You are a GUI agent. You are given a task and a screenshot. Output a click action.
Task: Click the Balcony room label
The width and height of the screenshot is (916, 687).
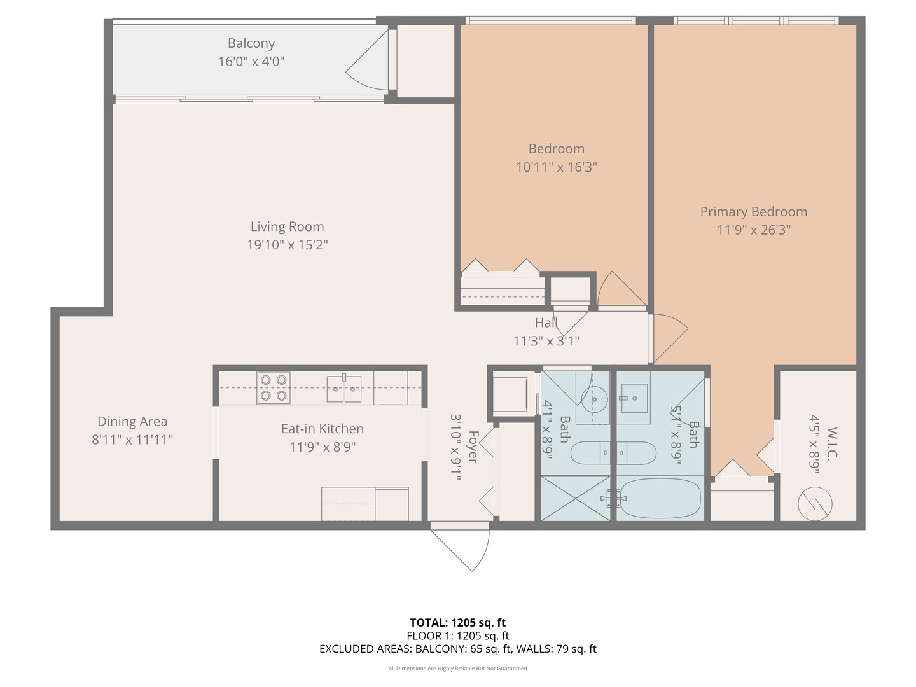click(x=251, y=43)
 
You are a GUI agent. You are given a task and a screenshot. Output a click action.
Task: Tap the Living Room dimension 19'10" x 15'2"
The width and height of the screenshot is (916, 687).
click(x=287, y=244)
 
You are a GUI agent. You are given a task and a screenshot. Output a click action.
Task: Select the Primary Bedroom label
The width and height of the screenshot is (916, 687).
click(x=753, y=212)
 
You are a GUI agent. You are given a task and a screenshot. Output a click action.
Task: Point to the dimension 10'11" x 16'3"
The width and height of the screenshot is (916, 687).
click(x=556, y=167)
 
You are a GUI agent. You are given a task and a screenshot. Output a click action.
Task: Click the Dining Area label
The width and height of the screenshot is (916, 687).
click(x=132, y=421)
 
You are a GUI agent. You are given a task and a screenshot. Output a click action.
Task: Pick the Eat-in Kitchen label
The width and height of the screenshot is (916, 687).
click(x=322, y=429)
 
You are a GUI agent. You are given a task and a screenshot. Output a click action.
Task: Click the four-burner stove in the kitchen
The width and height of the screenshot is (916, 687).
click(x=274, y=387)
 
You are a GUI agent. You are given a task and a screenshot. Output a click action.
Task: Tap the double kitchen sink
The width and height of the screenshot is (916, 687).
click(x=344, y=389)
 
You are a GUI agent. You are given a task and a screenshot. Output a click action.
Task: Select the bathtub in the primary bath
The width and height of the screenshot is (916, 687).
click(x=661, y=498)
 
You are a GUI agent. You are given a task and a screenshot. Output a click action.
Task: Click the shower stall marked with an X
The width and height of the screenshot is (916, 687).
click(x=576, y=499)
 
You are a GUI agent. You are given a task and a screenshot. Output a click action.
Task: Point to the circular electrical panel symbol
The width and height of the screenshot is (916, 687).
click(x=815, y=504)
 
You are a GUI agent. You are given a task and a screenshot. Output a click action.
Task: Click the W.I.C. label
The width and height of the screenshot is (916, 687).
click(x=831, y=443)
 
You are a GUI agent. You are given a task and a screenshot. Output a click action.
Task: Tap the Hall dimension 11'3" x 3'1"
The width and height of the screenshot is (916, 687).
click(x=546, y=341)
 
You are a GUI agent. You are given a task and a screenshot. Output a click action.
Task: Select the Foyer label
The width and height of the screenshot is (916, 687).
click(x=473, y=447)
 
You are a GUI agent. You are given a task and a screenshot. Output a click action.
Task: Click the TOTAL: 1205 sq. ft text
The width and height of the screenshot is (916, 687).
click(x=458, y=623)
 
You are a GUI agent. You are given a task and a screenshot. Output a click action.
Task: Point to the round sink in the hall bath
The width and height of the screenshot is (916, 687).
click(x=594, y=399)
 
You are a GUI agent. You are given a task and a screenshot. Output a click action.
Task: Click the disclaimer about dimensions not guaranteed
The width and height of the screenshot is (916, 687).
click(x=458, y=668)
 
